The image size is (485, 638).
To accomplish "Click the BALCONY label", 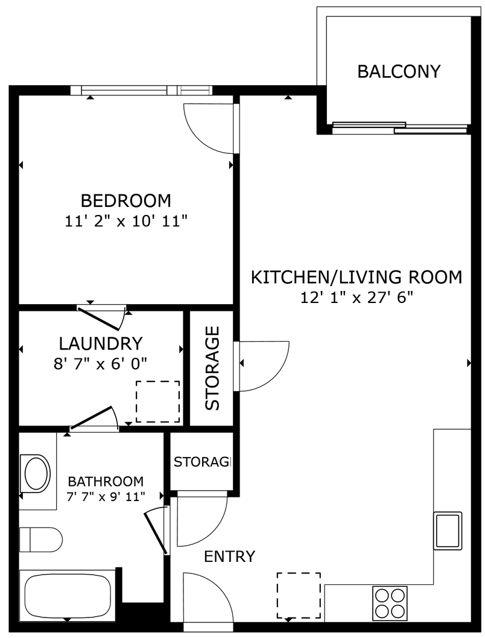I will pyautogui.click(x=399, y=71).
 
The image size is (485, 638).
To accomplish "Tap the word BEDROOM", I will pyautogui.click(x=126, y=200).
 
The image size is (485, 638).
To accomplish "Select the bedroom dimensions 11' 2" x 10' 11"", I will pyautogui.click(x=126, y=222).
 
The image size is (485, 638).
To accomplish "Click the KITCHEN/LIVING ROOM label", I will pyautogui.click(x=356, y=278).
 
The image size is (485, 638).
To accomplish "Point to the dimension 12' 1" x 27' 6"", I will pyautogui.click(x=356, y=298).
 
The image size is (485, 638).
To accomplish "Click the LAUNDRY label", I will pyautogui.click(x=101, y=344).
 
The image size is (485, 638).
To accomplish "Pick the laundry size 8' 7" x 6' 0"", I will pyautogui.click(x=100, y=363).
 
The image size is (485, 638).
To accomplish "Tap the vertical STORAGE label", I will pyautogui.click(x=212, y=368).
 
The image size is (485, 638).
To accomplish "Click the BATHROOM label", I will pyautogui.click(x=106, y=482).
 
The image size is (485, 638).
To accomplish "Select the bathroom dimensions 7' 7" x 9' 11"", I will pyautogui.click(x=106, y=497).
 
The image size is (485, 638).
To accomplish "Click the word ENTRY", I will pyautogui.click(x=229, y=557).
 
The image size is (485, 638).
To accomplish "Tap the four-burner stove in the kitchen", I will pyautogui.click(x=390, y=602).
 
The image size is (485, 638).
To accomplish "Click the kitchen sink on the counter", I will pyautogui.click(x=448, y=531).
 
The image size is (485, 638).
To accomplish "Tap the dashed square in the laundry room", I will pyautogui.click(x=157, y=402).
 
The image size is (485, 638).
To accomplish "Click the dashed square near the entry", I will pyautogui.click(x=299, y=595).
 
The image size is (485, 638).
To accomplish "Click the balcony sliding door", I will pyautogui.click(x=400, y=127).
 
